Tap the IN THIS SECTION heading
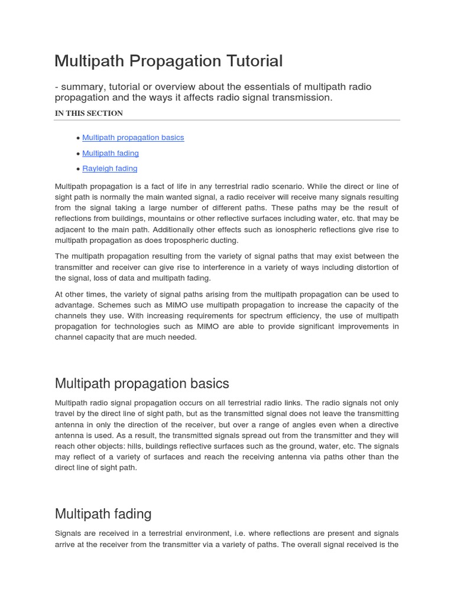(89, 113)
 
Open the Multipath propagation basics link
(133, 138)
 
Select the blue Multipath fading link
(111, 153)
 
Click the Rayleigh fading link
(109, 168)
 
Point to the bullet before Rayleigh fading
(78, 169)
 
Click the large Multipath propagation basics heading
(142, 383)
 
